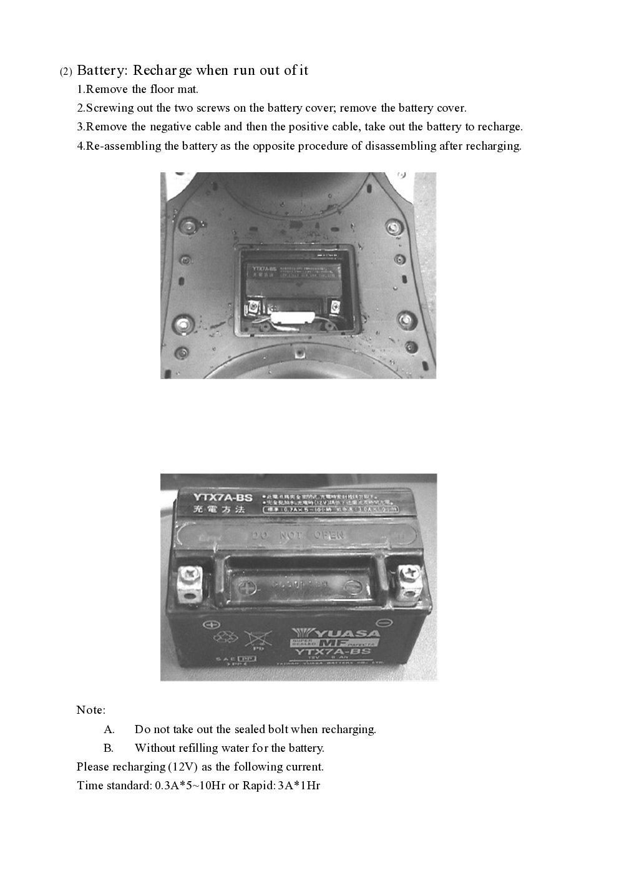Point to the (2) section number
[66, 72]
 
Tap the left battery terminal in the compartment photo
[254, 306]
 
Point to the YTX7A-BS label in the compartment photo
[265, 273]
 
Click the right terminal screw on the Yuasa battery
[409, 573]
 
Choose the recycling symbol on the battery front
[223, 638]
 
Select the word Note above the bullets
[90, 710]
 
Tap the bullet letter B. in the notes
[109, 748]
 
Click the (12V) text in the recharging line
[184, 767]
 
